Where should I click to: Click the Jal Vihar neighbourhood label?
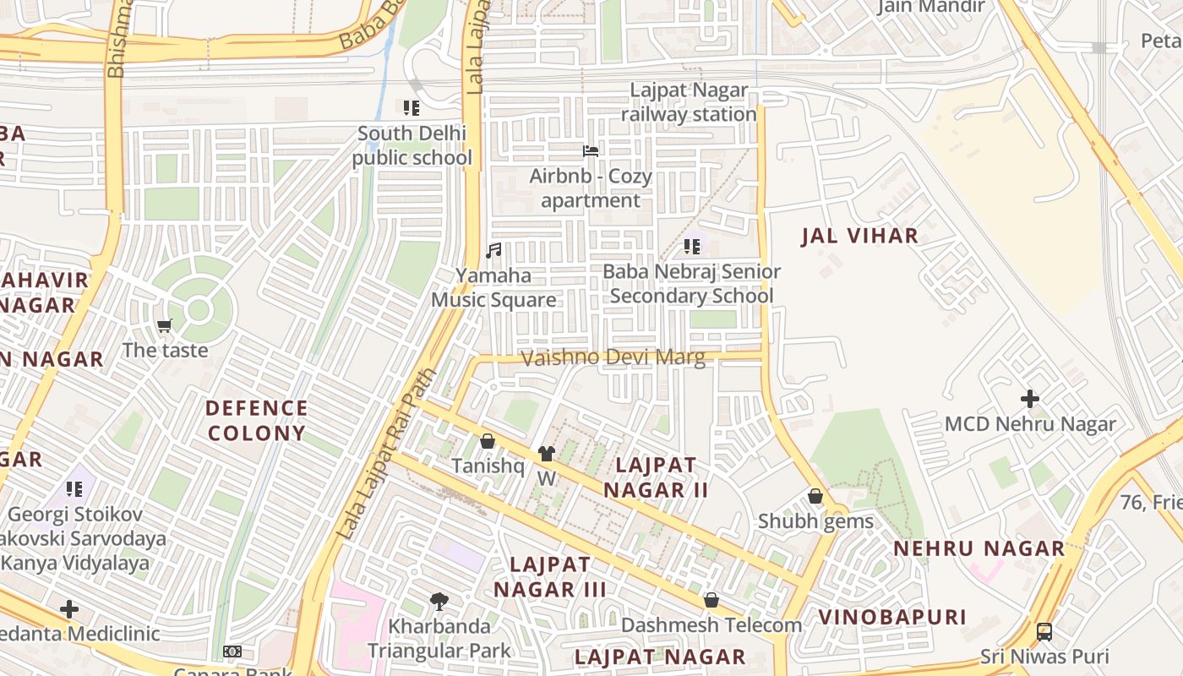859,236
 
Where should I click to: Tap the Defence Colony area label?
256,421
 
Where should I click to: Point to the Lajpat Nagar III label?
550,576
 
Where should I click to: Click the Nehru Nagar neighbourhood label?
979,548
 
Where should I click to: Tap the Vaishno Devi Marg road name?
613,357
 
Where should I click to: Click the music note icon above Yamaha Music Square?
494,250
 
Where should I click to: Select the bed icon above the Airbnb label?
591,151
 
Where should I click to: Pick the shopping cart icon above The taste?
165,325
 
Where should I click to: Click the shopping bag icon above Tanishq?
487,441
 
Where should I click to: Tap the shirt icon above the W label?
547,454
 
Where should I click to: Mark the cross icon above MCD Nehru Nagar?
1030,398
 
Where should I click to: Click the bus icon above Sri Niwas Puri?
1044,631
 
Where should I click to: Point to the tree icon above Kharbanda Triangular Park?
439,602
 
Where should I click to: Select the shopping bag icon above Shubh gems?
815,496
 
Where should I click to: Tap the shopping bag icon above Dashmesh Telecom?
711,600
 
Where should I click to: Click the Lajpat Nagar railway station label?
689,102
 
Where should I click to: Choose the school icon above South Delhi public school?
412,107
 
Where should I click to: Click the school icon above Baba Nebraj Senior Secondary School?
692,247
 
